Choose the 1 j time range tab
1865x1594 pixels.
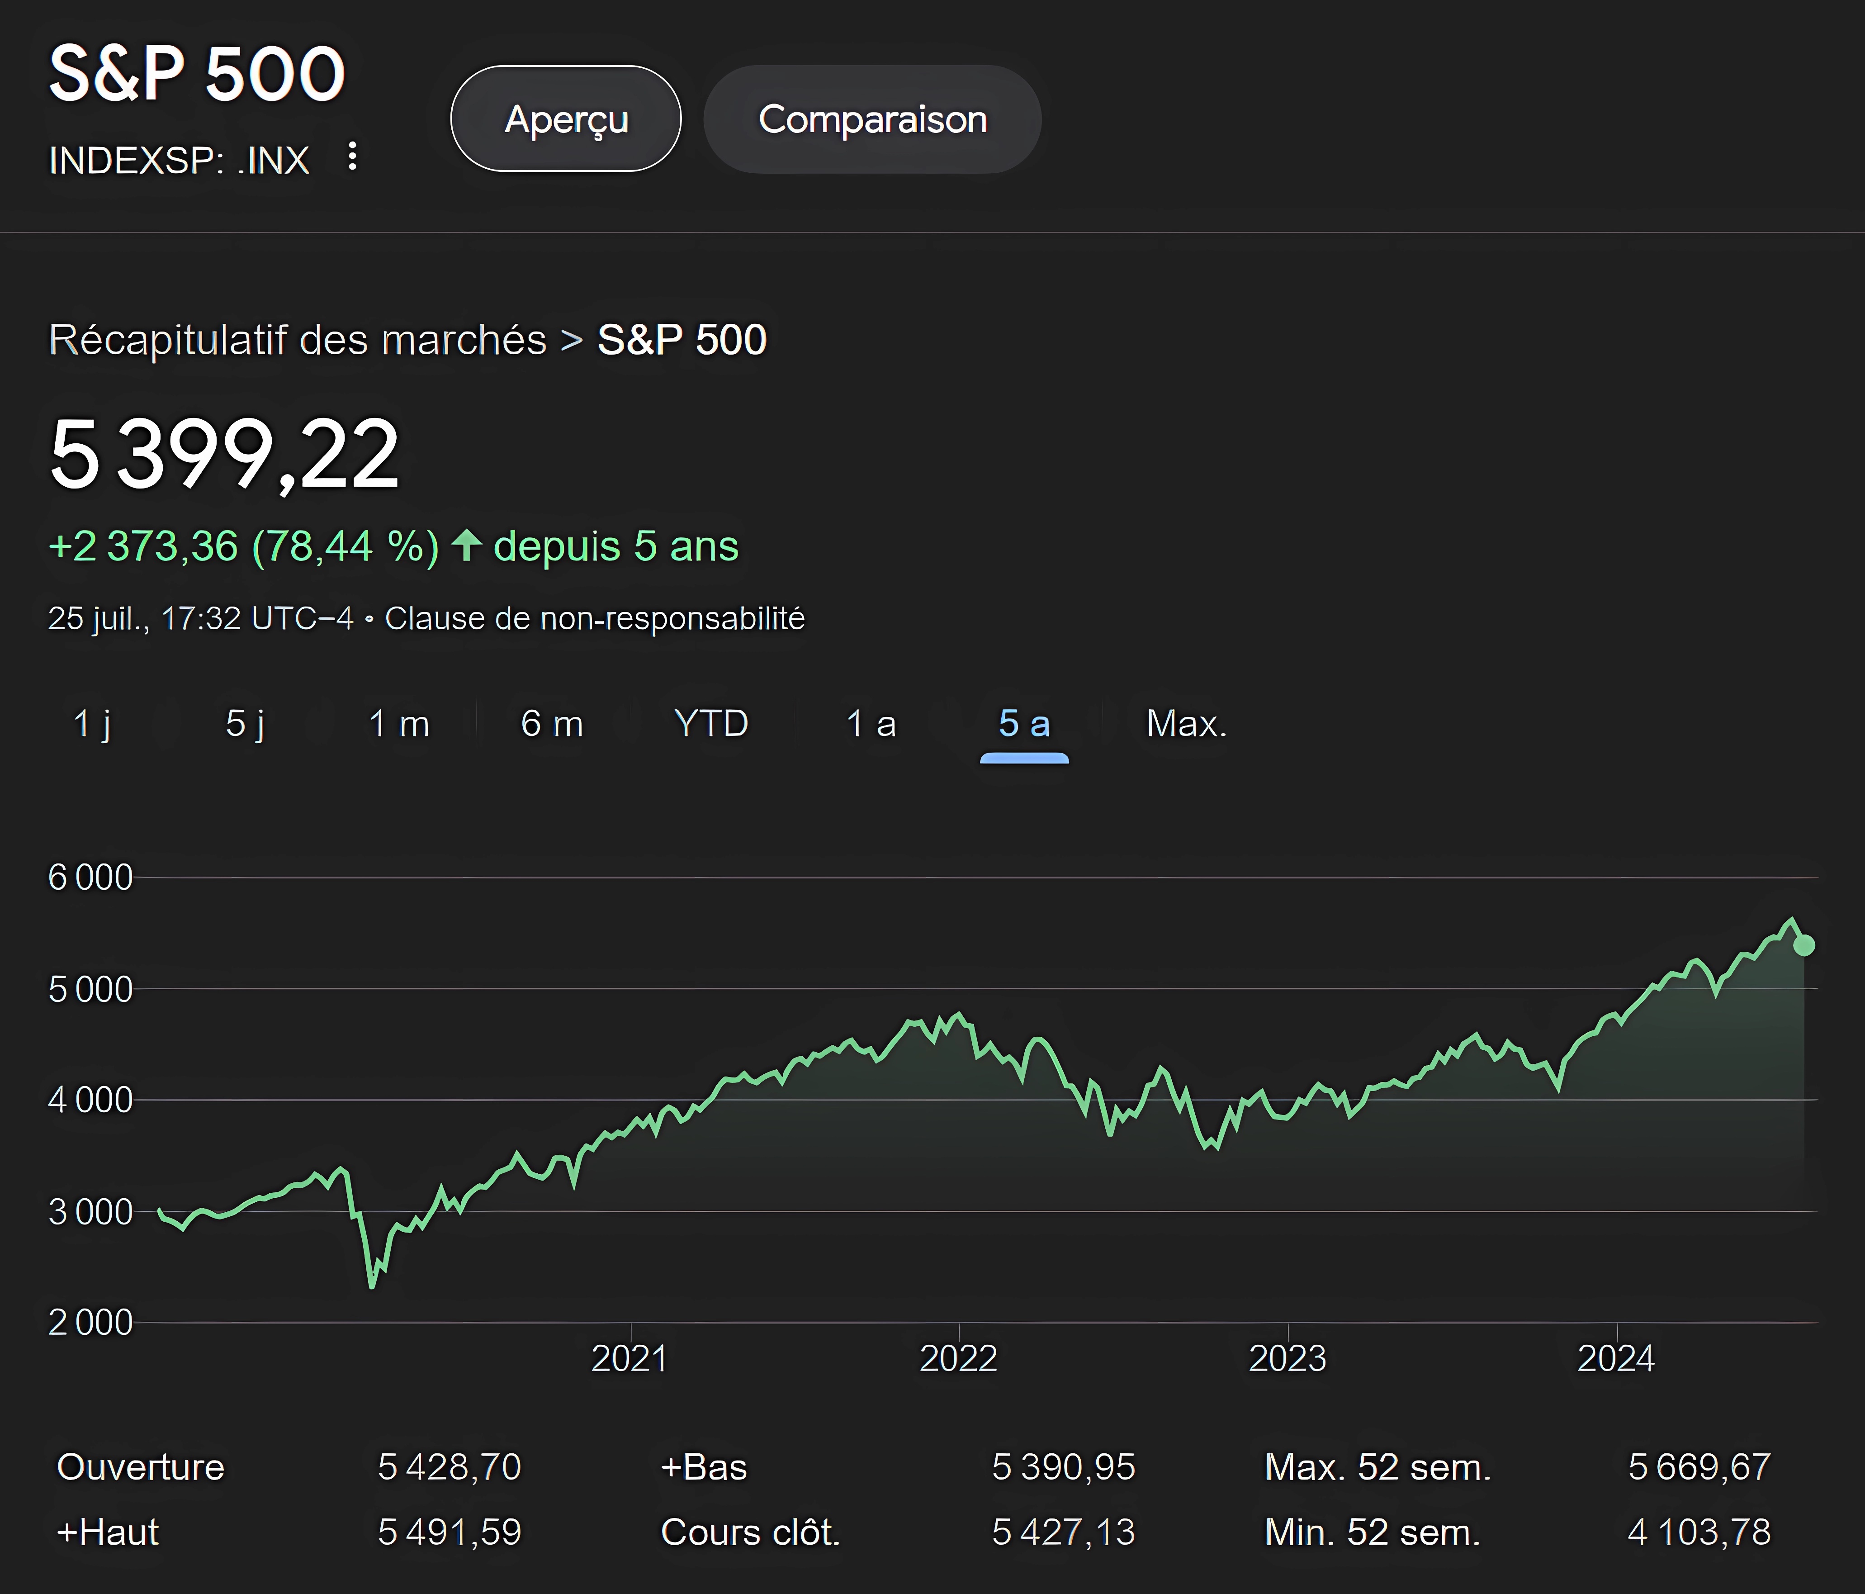pos(93,724)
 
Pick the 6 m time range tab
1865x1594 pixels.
pos(552,724)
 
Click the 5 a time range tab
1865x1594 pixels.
pos(1024,724)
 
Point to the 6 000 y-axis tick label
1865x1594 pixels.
pos(90,878)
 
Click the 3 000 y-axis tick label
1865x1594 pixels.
pos(90,1212)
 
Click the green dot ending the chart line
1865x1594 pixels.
pos(1804,945)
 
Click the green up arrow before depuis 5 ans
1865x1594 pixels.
pos(466,546)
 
